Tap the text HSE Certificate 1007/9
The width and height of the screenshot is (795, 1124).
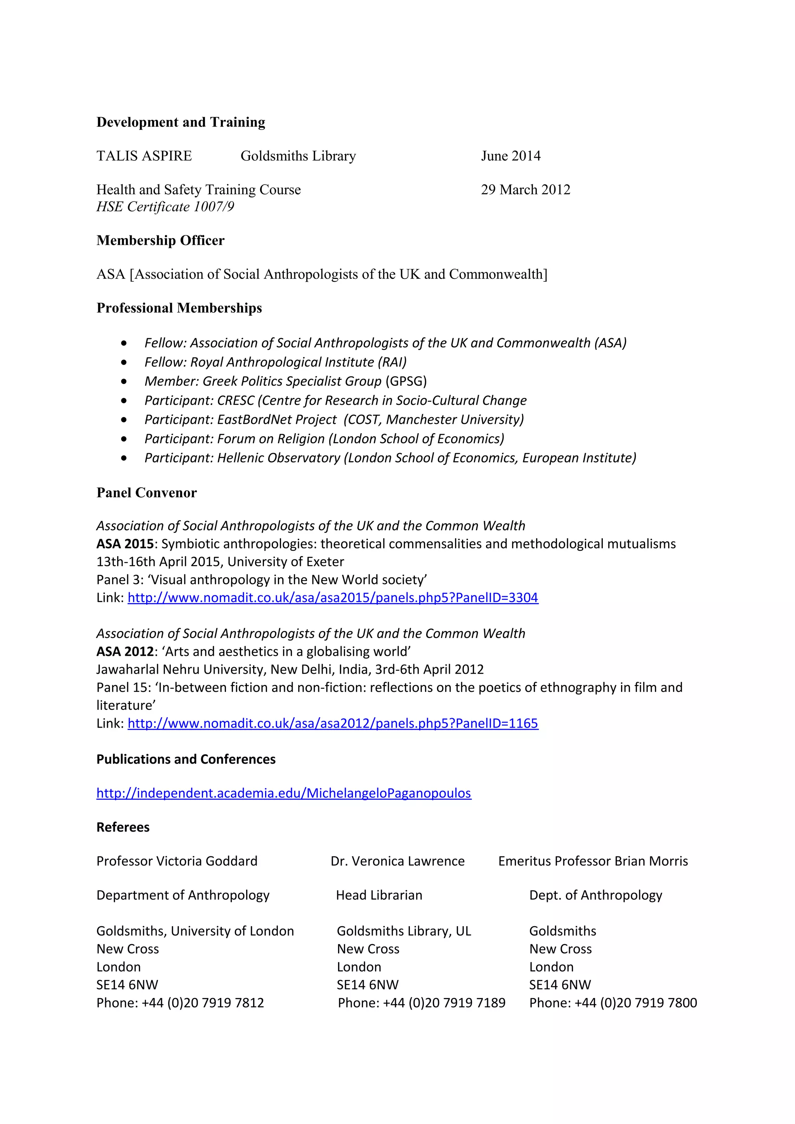coord(165,207)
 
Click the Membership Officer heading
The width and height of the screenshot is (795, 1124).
coord(160,240)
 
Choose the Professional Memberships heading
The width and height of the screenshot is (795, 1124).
coord(179,308)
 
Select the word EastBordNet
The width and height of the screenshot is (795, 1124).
coord(277,420)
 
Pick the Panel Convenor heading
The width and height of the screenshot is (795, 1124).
coord(146,493)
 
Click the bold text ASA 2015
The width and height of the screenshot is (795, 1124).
coord(125,544)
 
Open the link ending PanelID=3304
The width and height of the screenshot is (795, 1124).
coord(333,598)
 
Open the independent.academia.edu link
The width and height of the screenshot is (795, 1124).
coord(284,793)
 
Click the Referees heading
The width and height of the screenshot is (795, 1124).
coord(123,827)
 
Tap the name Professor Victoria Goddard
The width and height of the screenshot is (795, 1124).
coord(177,861)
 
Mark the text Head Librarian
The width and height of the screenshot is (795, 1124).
coord(378,896)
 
